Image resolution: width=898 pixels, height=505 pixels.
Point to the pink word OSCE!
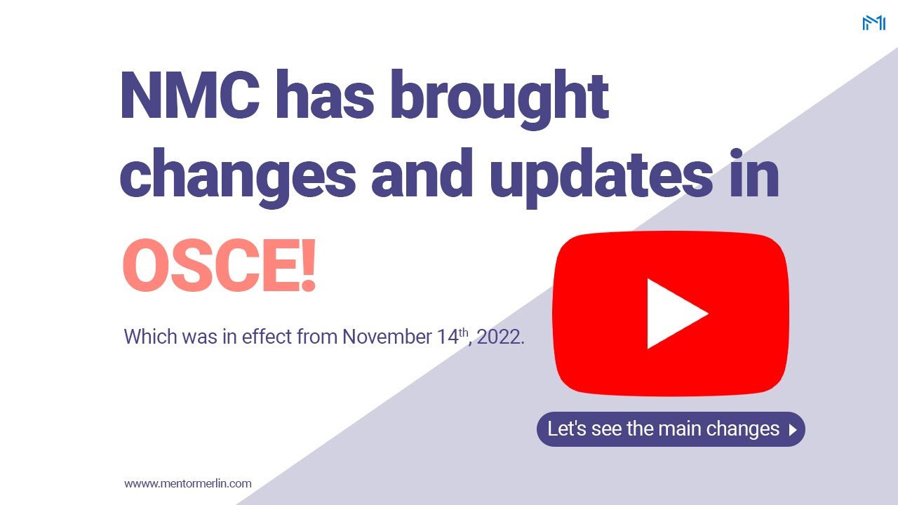click(x=219, y=267)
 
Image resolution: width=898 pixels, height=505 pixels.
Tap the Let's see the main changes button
click(x=671, y=429)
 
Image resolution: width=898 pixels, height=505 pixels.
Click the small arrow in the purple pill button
click(x=793, y=430)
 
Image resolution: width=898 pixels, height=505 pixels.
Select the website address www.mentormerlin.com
click(x=188, y=483)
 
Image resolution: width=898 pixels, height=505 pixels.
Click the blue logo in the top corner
click(x=873, y=23)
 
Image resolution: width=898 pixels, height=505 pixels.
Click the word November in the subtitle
click(x=388, y=337)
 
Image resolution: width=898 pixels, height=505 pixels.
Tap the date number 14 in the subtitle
click(x=447, y=337)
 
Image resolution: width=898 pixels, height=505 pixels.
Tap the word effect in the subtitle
click(x=267, y=337)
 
